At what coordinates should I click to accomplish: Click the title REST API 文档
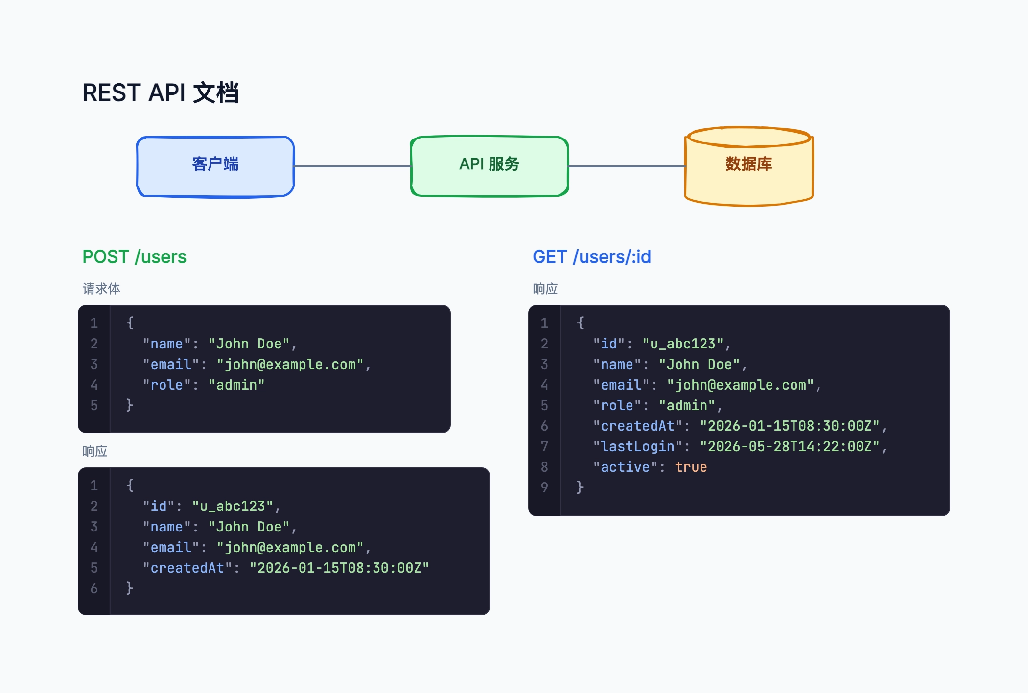(x=161, y=92)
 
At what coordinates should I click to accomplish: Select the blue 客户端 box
(x=215, y=166)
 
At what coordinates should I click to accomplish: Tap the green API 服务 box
(x=490, y=166)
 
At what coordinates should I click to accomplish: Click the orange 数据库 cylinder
(x=749, y=166)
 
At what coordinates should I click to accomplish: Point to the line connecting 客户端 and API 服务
(x=352, y=166)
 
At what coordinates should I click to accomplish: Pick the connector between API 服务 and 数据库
(x=627, y=166)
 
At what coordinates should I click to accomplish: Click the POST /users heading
(x=134, y=257)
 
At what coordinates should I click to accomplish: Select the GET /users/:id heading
(x=592, y=257)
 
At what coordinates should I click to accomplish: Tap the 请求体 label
(x=101, y=289)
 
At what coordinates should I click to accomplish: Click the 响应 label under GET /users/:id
(x=545, y=289)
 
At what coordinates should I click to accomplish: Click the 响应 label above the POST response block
(x=95, y=451)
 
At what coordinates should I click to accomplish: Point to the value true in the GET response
(x=691, y=467)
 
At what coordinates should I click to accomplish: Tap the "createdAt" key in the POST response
(x=187, y=568)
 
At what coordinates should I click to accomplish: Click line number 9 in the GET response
(x=544, y=487)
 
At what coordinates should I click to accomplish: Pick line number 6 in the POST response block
(x=94, y=588)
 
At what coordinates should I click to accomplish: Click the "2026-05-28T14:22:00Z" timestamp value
(x=790, y=446)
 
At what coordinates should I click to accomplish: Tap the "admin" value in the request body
(x=236, y=385)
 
